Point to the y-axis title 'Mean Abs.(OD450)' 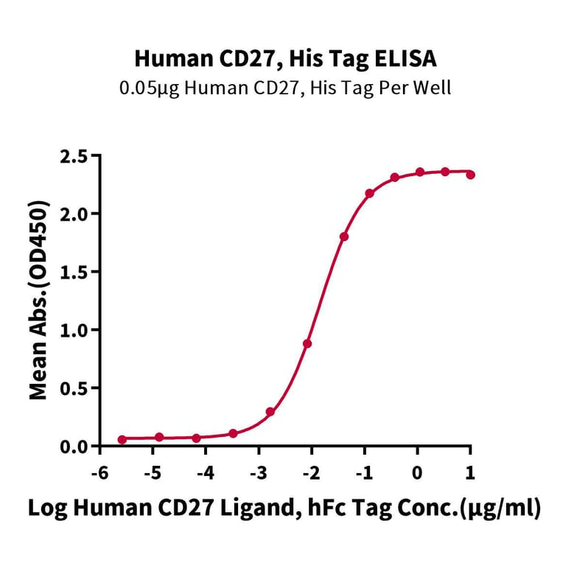pyautogui.click(x=38, y=302)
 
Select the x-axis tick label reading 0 pyautogui.click(x=418, y=472)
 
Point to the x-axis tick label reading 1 pyautogui.click(x=470, y=472)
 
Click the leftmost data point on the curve pyautogui.click(x=122, y=440)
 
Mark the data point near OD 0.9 pyautogui.click(x=307, y=343)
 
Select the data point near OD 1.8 pyautogui.click(x=344, y=237)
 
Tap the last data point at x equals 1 pyautogui.click(x=471, y=175)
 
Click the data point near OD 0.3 pyautogui.click(x=270, y=412)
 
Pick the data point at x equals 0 pyautogui.click(x=419, y=172)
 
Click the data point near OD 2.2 pyautogui.click(x=369, y=193)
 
